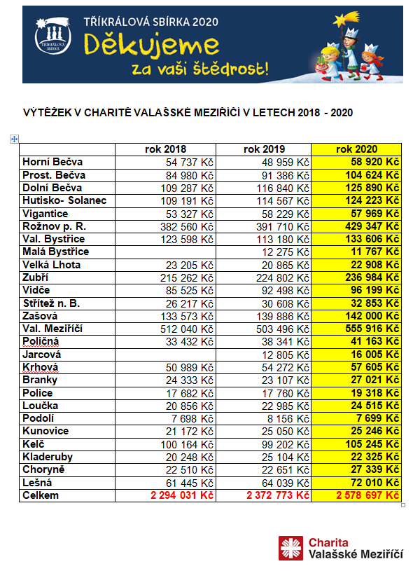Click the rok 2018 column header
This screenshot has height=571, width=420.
pyautogui.click(x=165, y=149)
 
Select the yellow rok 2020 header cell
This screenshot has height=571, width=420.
pyautogui.click(x=356, y=149)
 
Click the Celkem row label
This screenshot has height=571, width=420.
pyautogui.click(x=41, y=495)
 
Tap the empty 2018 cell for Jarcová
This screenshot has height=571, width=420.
pyautogui.click(x=165, y=355)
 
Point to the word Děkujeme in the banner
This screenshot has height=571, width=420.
pyautogui.click(x=151, y=46)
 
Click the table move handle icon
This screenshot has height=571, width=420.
pyautogui.click(x=13, y=139)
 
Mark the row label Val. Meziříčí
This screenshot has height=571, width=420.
pyautogui.click(x=53, y=329)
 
